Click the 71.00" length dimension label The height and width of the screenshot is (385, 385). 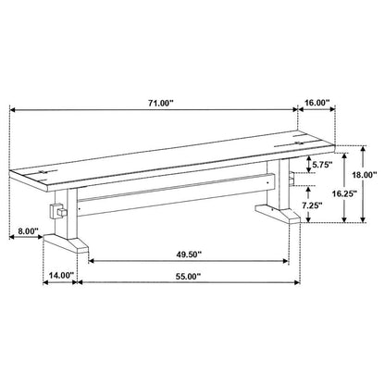click(159, 103)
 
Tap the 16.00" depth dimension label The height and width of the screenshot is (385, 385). click(317, 103)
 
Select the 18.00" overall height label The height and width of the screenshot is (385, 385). click(365, 175)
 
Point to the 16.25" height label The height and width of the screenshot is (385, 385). click(344, 193)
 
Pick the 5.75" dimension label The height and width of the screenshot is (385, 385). click(322, 165)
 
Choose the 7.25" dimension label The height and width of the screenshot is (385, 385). click(313, 205)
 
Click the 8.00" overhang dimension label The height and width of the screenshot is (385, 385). click(28, 230)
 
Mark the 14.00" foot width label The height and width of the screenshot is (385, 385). click(62, 275)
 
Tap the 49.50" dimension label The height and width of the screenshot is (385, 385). click(189, 255)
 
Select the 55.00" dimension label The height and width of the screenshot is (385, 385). click(188, 277)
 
